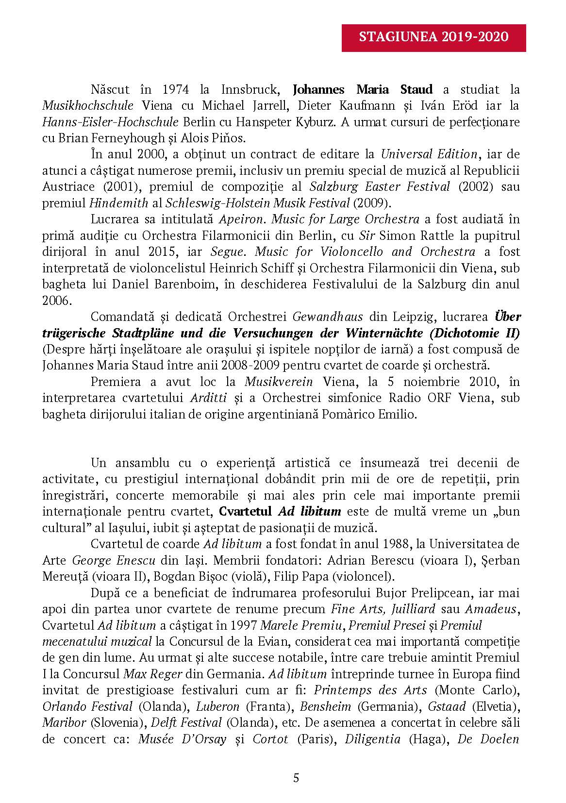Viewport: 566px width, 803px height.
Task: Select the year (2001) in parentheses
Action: point(117,187)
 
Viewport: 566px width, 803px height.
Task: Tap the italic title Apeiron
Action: point(242,219)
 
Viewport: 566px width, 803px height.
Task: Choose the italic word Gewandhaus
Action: point(328,317)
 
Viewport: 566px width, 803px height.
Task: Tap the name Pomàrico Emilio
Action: point(374,414)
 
